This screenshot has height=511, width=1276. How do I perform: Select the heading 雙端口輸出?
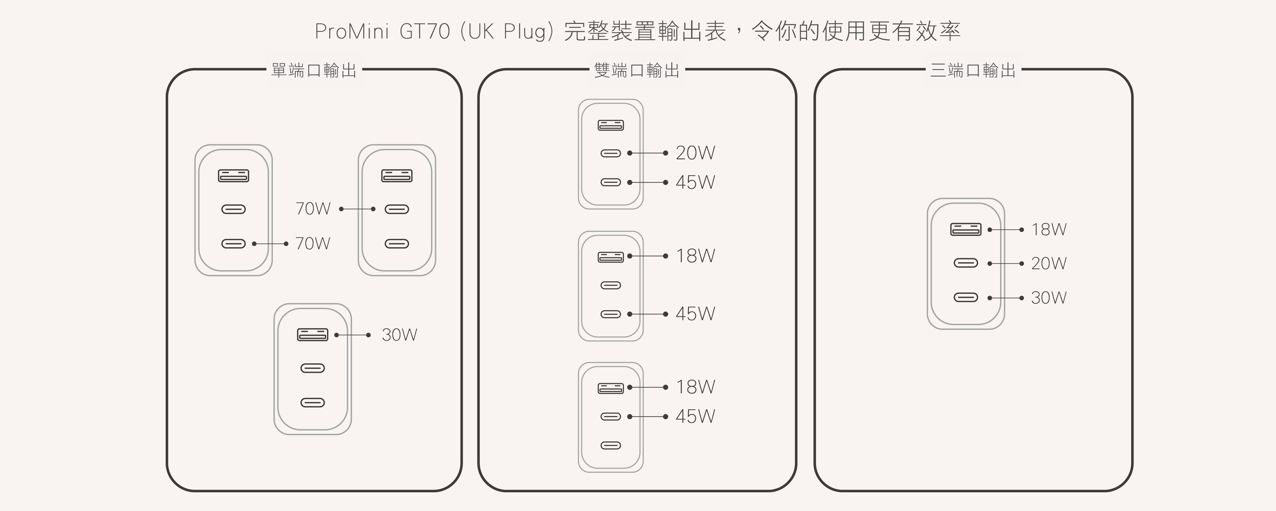pos(637,71)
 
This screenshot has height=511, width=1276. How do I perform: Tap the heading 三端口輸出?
pos(973,71)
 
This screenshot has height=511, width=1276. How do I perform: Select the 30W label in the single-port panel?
pos(399,335)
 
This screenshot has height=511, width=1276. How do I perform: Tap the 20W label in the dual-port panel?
pos(695,153)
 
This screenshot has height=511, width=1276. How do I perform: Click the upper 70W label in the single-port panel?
pos(313,209)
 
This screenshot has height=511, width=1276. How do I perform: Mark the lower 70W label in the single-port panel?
pos(313,243)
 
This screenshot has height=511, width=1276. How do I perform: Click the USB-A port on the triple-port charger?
pos(965,229)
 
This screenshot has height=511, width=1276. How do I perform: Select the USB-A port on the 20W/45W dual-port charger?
pos(610,125)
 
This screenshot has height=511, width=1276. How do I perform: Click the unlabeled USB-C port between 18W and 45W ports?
pos(610,285)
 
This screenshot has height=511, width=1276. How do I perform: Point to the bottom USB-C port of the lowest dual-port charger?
pos(610,445)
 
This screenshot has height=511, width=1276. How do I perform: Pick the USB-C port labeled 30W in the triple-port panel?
pos(965,297)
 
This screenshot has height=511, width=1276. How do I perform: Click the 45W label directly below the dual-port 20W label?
pos(695,182)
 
